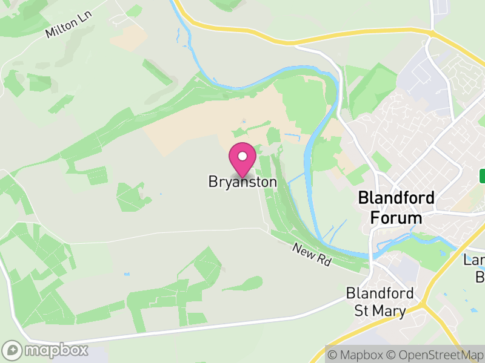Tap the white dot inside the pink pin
point(242,156)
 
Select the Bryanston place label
point(242,181)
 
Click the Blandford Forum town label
point(396,207)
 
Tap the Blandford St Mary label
point(380,301)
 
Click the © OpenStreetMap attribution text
point(436,355)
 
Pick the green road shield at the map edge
point(483,176)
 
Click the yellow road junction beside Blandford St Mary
point(426,304)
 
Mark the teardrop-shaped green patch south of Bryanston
point(246,283)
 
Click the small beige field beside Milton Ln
point(129,38)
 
